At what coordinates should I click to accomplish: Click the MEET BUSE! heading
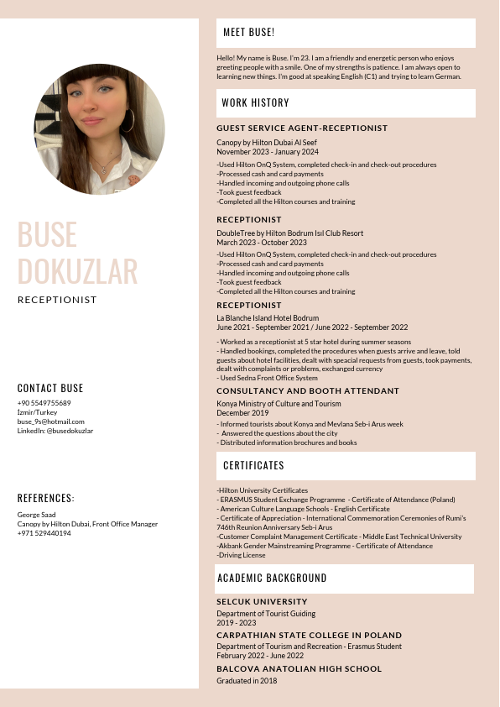click(248, 33)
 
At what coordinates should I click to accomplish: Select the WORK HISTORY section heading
click(255, 103)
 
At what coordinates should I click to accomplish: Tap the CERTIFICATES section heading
click(253, 465)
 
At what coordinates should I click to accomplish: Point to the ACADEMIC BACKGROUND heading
click(272, 579)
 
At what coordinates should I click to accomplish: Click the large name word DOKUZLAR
click(77, 271)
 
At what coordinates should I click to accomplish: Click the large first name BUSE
click(47, 235)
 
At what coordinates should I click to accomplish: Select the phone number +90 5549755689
click(44, 403)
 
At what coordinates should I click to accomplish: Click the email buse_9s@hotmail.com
click(51, 422)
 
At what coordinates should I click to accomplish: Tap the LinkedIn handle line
click(55, 431)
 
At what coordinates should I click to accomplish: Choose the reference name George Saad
click(37, 515)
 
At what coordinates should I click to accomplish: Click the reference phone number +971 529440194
click(44, 533)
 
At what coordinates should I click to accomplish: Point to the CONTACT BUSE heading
click(50, 388)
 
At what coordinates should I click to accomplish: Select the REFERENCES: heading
click(46, 498)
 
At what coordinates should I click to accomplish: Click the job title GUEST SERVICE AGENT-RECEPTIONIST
click(302, 128)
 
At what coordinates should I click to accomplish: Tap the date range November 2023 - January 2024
click(268, 152)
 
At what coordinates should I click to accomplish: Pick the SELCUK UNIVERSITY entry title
click(262, 602)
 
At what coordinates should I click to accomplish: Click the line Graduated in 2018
click(247, 681)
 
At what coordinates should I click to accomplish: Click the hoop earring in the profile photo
click(129, 121)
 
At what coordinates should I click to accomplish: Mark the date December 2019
click(242, 413)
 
